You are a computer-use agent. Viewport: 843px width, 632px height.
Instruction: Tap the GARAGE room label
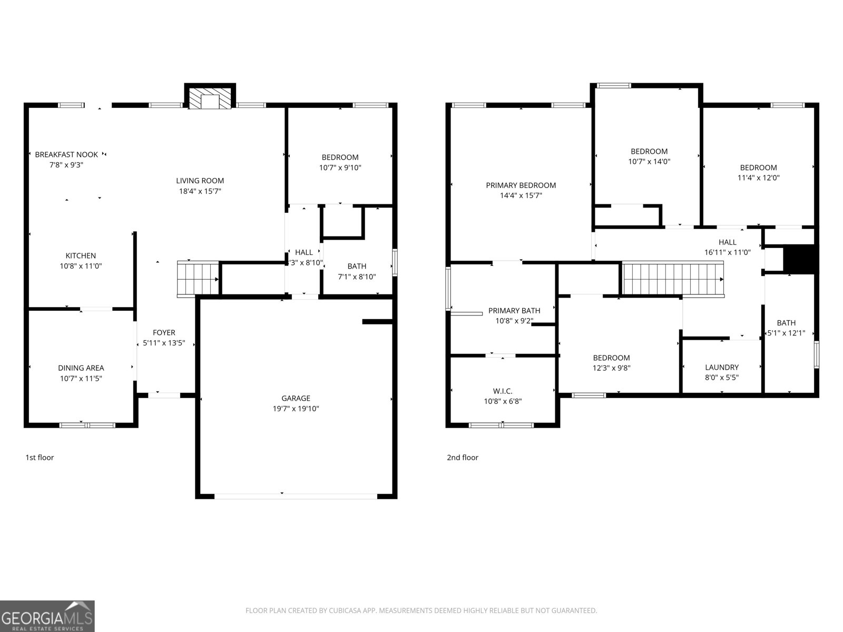[x=296, y=398]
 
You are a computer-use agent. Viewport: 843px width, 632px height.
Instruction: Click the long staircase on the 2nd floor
[x=673, y=279]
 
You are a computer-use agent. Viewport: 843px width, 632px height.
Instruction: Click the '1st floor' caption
[x=40, y=457]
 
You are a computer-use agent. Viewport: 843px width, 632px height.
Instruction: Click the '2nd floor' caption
[x=463, y=457]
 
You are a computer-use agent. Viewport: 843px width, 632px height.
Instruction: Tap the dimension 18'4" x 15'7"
[x=200, y=191]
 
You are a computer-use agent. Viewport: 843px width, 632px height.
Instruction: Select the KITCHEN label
[x=81, y=255]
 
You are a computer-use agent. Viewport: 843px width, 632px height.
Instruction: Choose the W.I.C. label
[x=503, y=391]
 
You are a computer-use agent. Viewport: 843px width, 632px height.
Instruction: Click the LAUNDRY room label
[x=722, y=367]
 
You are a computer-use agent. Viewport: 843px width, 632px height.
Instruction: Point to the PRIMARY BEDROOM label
[x=521, y=185]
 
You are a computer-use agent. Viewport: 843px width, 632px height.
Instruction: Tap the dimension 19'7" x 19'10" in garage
[x=296, y=409]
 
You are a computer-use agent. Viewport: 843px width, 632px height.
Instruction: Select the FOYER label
[x=164, y=332]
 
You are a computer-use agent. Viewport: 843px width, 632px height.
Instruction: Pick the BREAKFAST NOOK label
[x=66, y=154]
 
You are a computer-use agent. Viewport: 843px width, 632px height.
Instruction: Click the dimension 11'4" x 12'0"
[x=758, y=178]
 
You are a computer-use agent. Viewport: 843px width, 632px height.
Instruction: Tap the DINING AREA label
[x=81, y=368]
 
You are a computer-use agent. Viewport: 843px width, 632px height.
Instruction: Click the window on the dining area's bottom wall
[x=87, y=424]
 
